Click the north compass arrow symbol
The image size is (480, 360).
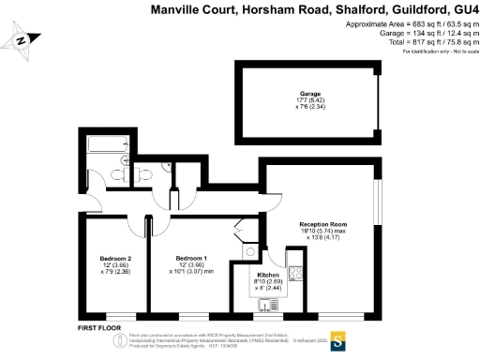(23, 40)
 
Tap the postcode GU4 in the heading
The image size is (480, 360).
(463, 8)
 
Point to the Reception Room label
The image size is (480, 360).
(323, 224)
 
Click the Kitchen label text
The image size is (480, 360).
(269, 275)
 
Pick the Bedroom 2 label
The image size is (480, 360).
(115, 257)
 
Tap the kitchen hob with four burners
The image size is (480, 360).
(295, 274)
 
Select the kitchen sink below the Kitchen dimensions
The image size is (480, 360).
(268, 302)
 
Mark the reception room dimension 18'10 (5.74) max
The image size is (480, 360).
(323, 231)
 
